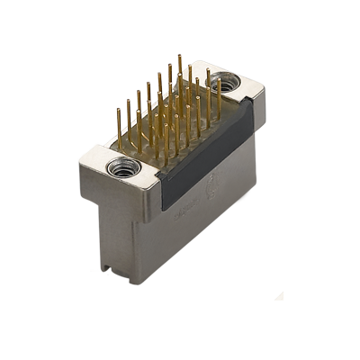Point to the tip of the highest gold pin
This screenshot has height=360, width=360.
[x=179, y=57]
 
